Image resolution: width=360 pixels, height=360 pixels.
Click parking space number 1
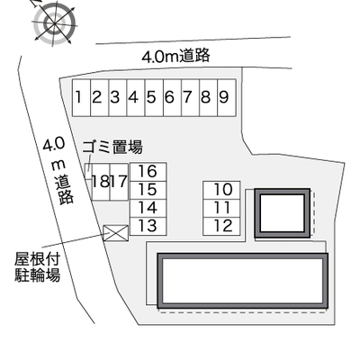[x=81, y=97]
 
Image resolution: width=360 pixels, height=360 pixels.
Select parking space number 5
[x=154, y=97]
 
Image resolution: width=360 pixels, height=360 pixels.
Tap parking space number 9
[x=227, y=97]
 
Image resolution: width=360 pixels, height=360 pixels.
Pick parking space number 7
[x=191, y=97]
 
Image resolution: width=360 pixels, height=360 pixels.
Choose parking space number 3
[x=118, y=97]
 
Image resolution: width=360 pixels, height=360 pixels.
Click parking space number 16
[x=148, y=172]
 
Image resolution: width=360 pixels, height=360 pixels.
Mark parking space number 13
[x=148, y=226]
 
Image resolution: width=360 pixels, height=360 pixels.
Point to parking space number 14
[x=148, y=208]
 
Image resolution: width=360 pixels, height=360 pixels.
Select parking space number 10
[x=221, y=190]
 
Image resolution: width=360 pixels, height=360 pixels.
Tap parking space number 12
[x=221, y=227]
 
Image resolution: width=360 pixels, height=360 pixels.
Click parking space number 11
[x=221, y=209]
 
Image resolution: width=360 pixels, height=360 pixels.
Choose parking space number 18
[x=101, y=182]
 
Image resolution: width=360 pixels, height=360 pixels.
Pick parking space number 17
[x=119, y=182]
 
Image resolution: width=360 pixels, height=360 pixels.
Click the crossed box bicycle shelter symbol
[x=116, y=233]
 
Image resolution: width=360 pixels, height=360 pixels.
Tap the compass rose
[x=54, y=23]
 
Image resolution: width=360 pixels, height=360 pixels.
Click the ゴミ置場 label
[x=112, y=147]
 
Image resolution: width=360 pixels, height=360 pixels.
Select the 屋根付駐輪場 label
[x=38, y=267]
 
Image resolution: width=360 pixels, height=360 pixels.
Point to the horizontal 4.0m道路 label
[x=175, y=57]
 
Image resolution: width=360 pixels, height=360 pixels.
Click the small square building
[x=282, y=213]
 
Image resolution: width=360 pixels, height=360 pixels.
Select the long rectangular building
[x=242, y=281]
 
